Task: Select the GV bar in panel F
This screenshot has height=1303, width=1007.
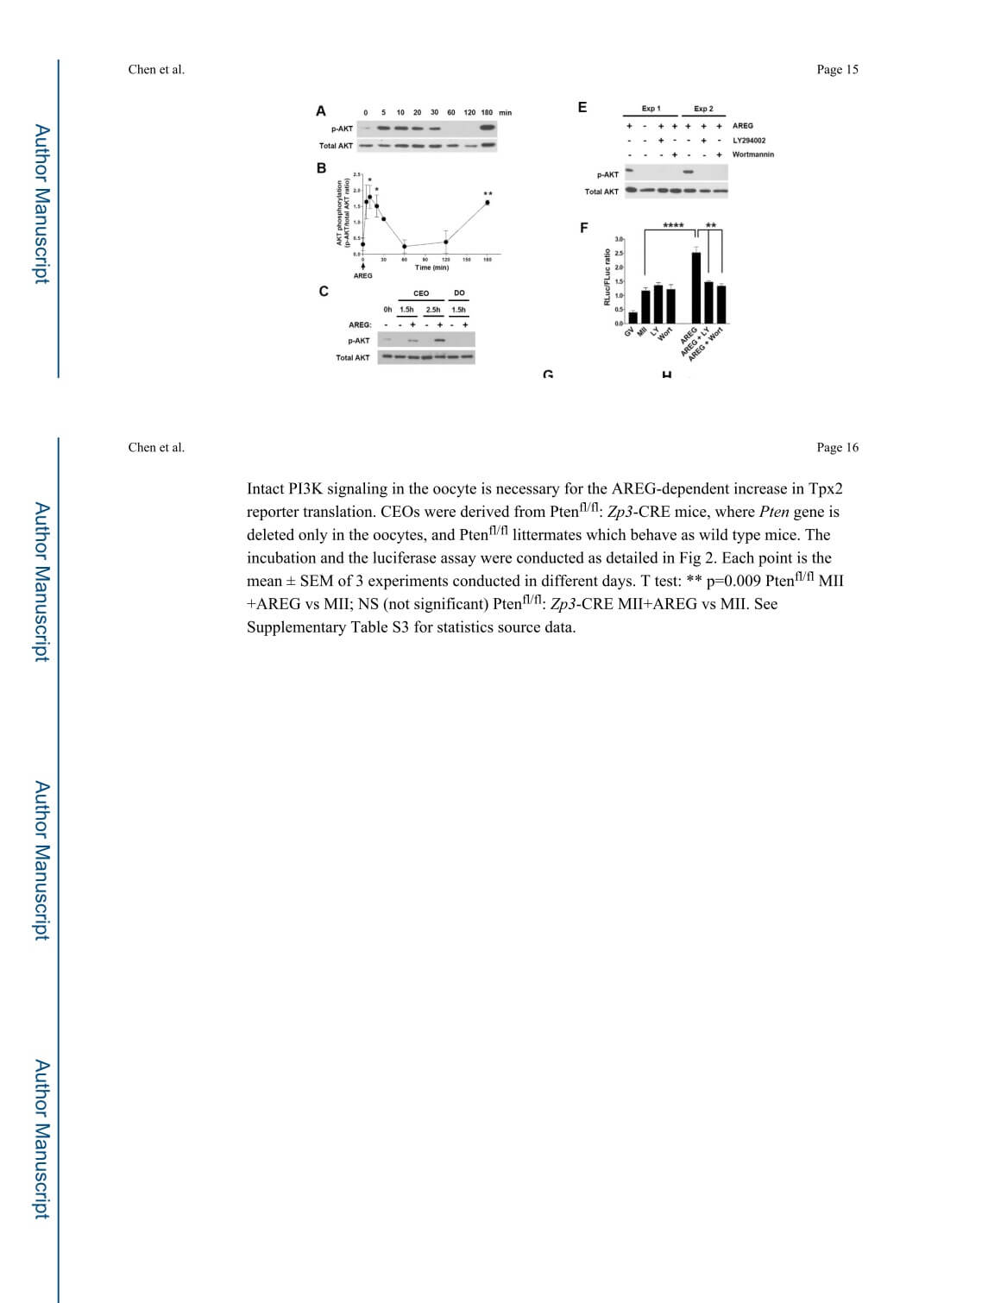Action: point(633,318)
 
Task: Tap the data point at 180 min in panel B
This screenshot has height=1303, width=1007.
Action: point(488,203)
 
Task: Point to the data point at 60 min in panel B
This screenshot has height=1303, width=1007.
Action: point(404,247)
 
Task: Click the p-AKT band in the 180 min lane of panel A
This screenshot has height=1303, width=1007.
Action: point(488,129)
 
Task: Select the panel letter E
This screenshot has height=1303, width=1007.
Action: point(582,108)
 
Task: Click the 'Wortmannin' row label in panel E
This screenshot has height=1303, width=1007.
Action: point(753,154)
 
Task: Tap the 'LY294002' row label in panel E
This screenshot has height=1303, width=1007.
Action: point(748,140)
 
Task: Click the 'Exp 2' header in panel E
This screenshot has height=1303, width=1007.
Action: point(703,109)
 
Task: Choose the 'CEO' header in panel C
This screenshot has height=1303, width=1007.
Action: point(421,293)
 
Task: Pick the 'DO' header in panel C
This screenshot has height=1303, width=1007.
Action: point(459,293)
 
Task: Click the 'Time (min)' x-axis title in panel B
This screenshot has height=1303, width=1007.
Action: point(431,268)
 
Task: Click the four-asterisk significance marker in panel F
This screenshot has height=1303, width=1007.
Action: point(673,226)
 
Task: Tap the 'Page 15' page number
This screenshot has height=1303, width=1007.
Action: point(837,70)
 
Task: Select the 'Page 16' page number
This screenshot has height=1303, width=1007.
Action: point(837,447)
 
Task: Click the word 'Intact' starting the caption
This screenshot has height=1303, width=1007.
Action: point(266,488)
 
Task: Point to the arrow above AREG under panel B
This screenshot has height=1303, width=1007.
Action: point(363,266)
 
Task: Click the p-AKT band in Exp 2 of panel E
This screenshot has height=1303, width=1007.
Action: point(689,172)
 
